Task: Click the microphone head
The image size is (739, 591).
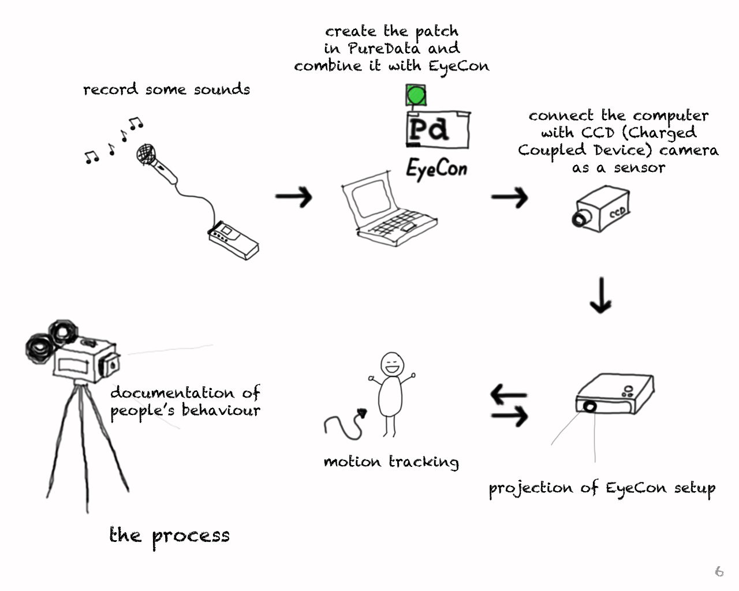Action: (146, 154)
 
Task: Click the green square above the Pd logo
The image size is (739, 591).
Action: (416, 95)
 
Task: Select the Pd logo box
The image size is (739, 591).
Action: (438, 130)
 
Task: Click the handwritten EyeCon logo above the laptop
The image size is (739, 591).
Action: (436, 169)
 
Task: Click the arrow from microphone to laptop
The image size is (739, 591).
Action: (293, 197)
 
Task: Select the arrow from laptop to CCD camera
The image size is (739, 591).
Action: (510, 197)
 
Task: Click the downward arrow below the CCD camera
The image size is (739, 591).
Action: (601, 295)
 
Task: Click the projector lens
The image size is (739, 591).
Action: (589, 406)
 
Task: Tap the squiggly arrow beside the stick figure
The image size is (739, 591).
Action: (345, 425)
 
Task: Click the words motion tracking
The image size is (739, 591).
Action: (391, 462)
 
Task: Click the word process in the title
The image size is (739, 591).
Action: (191, 536)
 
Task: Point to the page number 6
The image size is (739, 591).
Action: (719, 571)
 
